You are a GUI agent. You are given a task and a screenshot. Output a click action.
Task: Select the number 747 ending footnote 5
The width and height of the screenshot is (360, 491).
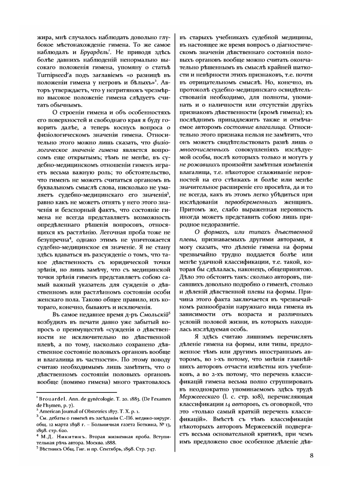[x=151, y=449]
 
